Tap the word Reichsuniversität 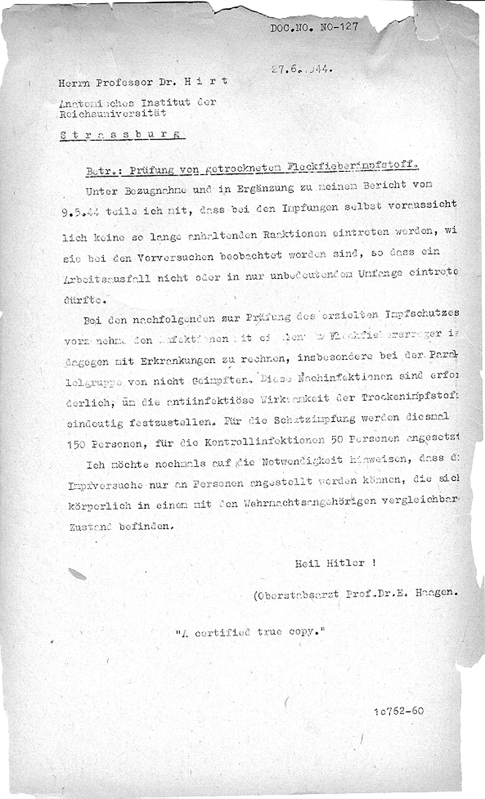coord(113,113)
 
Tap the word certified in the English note coord(223,632)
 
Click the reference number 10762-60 coord(399,711)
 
